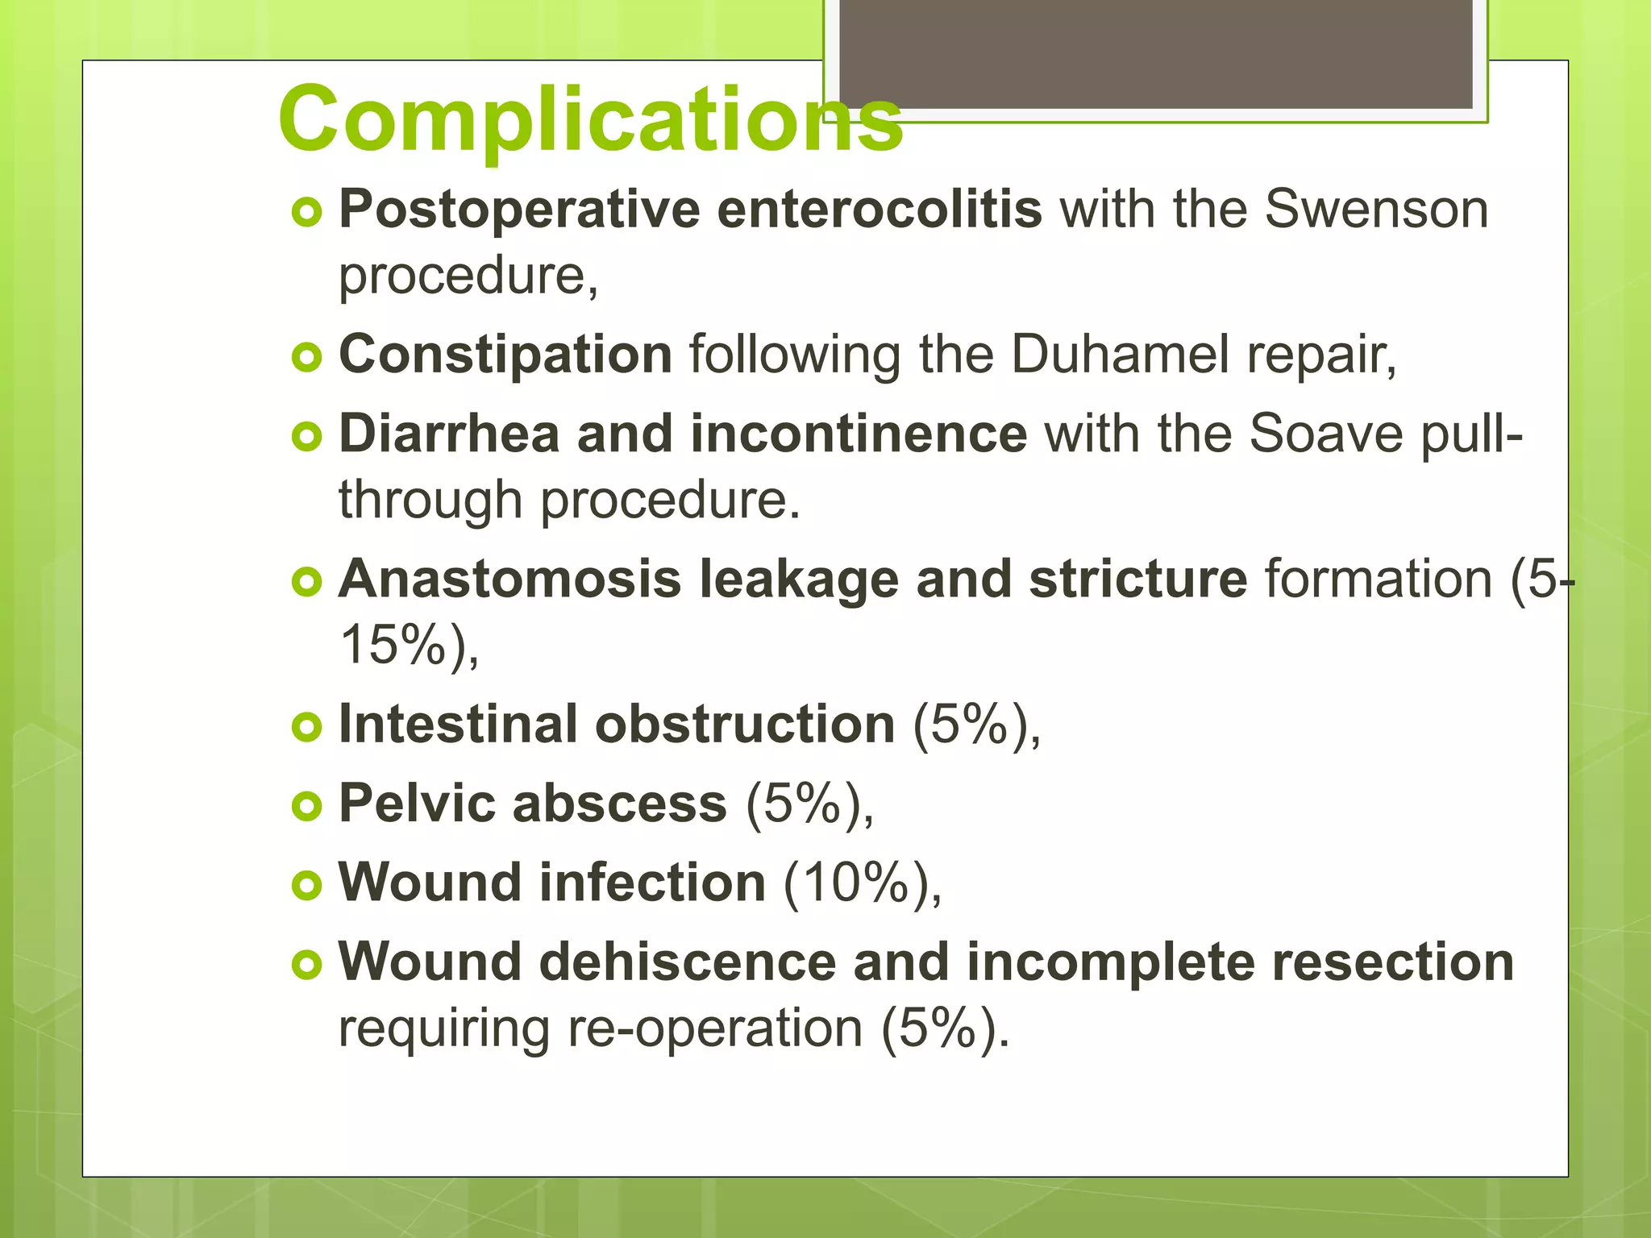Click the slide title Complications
(x=590, y=119)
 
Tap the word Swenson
(x=1375, y=210)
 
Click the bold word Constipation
(x=505, y=355)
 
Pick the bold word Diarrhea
(x=449, y=434)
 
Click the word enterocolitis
(x=880, y=210)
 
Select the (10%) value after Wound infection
(x=862, y=883)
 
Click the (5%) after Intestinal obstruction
(x=975, y=724)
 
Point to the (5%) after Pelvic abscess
(x=809, y=804)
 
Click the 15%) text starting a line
(x=409, y=645)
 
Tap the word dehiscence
(x=688, y=962)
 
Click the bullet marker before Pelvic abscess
(x=306, y=805)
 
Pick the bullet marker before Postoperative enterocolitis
(x=306, y=212)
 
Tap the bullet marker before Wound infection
(x=306, y=885)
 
